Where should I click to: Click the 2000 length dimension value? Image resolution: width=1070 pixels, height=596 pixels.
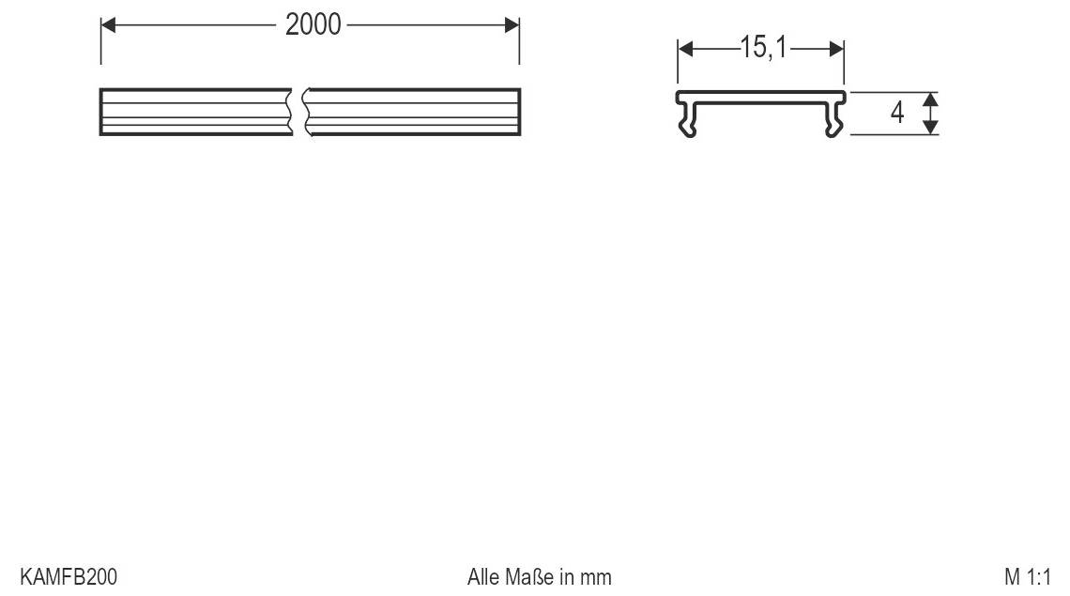point(313,25)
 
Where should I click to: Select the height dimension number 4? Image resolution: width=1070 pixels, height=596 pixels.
point(897,113)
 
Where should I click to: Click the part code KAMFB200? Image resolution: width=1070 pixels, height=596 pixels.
point(69,576)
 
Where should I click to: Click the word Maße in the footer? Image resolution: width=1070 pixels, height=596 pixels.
point(531,576)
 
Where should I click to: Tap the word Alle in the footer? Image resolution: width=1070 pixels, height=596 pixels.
point(484,576)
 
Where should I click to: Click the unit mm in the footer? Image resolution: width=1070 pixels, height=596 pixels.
point(596,576)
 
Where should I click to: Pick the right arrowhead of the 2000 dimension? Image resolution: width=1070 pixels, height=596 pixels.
point(512,25)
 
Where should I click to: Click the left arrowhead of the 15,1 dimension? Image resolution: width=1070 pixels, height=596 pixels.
point(685,49)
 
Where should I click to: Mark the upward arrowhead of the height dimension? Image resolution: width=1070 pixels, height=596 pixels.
point(929,99)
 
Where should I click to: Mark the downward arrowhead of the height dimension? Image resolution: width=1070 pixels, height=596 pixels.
point(929,127)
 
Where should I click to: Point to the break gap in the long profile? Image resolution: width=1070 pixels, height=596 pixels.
point(298,112)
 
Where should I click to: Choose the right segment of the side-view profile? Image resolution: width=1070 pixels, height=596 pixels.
point(413,112)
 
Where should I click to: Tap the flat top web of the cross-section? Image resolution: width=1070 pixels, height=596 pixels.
point(761,96)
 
